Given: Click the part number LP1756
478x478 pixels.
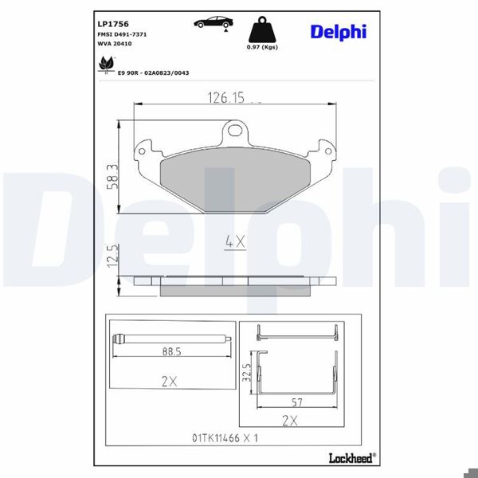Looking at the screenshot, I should click(111, 24).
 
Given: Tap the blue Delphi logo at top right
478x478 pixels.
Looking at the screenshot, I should click(338, 31).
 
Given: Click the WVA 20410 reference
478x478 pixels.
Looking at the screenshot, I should click(115, 45).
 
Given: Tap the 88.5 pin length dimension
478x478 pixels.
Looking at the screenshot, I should click(167, 350).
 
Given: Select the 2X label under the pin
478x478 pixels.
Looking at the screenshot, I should click(168, 382).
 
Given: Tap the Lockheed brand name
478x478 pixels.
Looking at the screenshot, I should click(351, 456).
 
